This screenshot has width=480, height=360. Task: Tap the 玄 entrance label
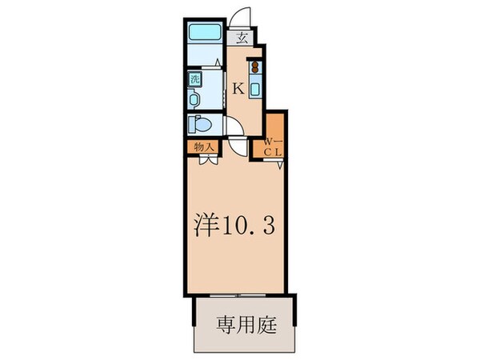click(241, 37)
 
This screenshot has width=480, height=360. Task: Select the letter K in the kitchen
click(238, 89)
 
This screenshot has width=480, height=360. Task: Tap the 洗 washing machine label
click(194, 79)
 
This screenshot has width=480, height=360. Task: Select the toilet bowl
click(201, 125)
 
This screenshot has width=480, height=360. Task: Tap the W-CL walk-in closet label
click(273, 146)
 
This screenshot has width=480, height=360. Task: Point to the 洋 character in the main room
click(206, 227)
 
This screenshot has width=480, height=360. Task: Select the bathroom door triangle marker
click(220, 63)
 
